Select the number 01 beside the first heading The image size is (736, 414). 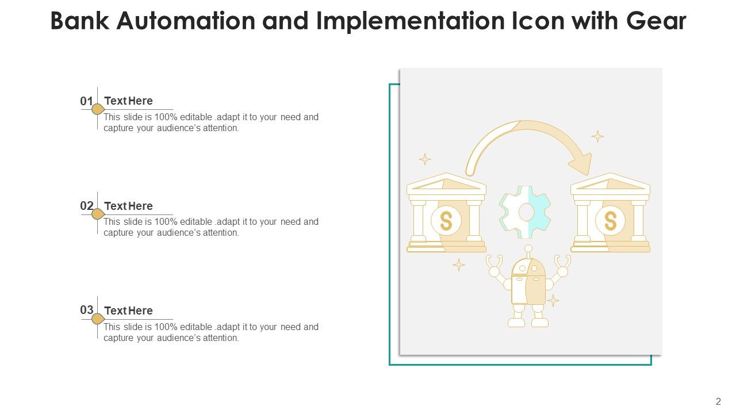point(86,101)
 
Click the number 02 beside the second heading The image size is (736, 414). point(86,206)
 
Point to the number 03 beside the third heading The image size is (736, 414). point(86,310)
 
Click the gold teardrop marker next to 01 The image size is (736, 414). point(98,109)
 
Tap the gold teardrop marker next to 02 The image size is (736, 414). point(98,214)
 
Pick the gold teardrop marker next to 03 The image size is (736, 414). point(98,319)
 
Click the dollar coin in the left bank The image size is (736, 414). point(446,221)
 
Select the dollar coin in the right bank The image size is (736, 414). point(610,221)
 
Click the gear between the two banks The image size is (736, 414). point(526,212)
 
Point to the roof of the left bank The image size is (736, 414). point(446,185)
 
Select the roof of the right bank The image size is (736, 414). point(610,185)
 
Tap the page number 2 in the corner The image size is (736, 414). point(718,402)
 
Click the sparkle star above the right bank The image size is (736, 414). point(598,136)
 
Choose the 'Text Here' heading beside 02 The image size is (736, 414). point(129,206)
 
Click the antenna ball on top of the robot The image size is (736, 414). point(528,248)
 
